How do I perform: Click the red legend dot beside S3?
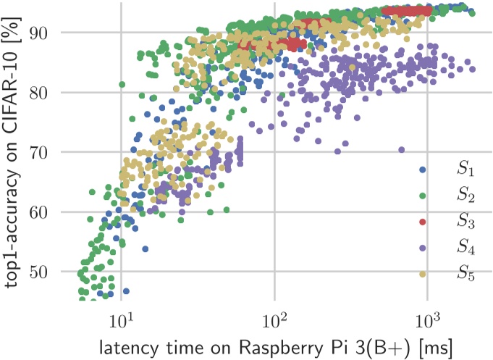(424, 221)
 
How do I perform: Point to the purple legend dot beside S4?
(424, 248)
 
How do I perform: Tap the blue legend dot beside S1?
(424, 169)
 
